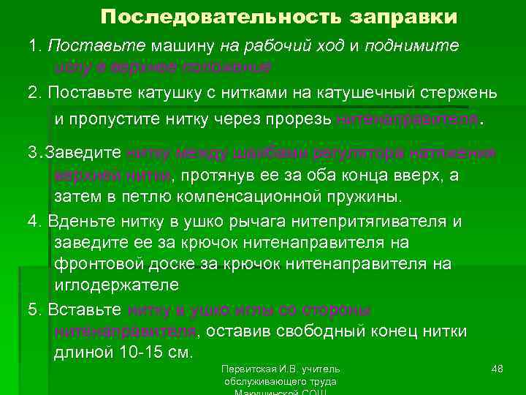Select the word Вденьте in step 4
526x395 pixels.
[75, 220]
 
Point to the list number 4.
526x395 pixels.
[32, 220]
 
